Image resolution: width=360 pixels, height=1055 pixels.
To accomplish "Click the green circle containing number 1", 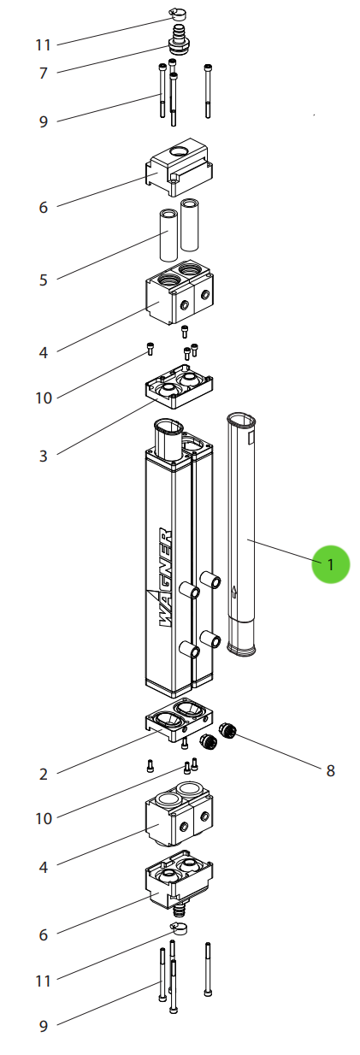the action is point(330,564).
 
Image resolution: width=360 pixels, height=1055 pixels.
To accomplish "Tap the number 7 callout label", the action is point(44,74).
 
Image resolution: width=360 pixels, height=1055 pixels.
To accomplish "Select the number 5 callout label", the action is point(44,280).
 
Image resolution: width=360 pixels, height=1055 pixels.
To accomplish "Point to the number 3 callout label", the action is point(44,456).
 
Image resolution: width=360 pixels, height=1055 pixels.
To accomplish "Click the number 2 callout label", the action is point(44,775).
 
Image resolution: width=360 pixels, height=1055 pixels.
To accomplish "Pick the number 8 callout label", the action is point(330,770).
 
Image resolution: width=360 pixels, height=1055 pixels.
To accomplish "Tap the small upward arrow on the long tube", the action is point(234,592).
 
